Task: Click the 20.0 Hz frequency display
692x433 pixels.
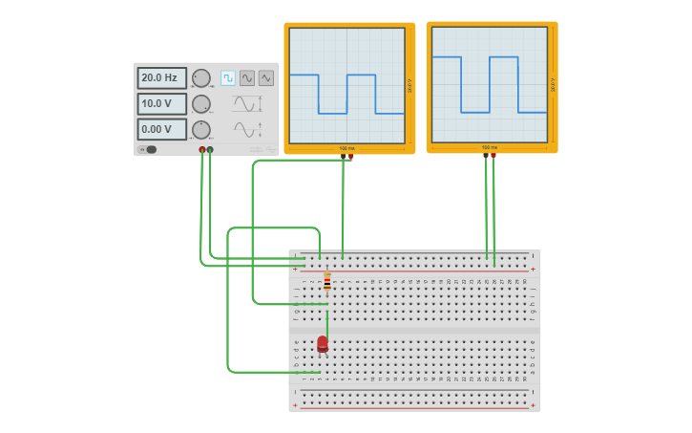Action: click(161, 77)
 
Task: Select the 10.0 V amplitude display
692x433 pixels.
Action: click(161, 103)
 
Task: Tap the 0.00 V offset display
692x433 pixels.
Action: click(161, 129)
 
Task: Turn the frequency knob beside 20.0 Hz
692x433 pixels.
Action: click(201, 78)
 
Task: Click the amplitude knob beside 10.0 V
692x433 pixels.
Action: click(201, 104)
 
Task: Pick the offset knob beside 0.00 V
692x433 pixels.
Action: click(201, 129)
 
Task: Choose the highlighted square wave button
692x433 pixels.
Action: click(228, 78)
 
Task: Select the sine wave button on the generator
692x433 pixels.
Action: click(247, 78)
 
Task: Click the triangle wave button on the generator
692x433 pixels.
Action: click(265, 78)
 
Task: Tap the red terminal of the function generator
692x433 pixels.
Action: click(202, 150)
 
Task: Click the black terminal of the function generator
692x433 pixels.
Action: click(210, 150)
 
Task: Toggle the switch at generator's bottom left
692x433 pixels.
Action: click(149, 149)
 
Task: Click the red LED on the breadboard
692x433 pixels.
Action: click(323, 343)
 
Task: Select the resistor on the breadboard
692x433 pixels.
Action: click(327, 281)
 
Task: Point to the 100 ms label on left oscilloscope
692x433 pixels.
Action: click(346, 148)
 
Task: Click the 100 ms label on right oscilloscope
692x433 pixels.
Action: click(489, 147)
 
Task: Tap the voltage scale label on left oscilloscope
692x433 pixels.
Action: click(409, 86)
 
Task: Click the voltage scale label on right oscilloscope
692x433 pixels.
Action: click(552, 85)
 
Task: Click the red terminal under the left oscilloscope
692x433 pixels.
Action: click(350, 157)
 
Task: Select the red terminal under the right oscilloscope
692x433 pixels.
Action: click(493, 156)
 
